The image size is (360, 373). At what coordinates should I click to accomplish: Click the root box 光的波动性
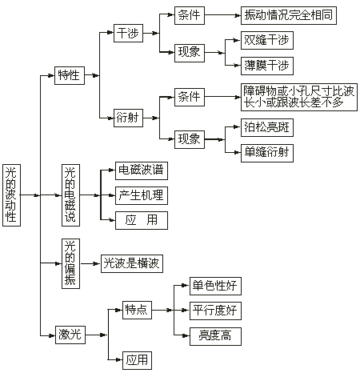point(11,195)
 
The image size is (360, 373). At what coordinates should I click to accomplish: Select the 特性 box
point(70,75)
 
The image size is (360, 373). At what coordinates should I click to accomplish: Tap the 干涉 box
point(128,33)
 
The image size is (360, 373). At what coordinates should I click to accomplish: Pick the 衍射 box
point(128,118)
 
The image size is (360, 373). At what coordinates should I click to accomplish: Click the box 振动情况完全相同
point(289,15)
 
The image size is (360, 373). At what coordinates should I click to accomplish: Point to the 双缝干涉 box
point(267,40)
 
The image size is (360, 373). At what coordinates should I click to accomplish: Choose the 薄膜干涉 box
point(267,66)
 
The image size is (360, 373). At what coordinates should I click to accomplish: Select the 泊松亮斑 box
point(267,127)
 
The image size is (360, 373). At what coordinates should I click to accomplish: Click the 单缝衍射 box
point(267,153)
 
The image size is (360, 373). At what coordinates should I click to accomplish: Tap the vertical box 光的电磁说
point(70,195)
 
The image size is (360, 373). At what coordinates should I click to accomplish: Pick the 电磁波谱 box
point(142,170)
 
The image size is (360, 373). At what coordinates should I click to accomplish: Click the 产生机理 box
point(142,195)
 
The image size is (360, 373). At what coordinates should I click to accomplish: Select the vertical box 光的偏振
point(70,263)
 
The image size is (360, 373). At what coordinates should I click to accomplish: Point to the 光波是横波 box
point(132,263)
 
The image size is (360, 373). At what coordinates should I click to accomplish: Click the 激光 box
point(70,335)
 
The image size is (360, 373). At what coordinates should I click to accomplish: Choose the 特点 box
point(137,310)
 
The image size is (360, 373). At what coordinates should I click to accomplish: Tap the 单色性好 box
point(215,286)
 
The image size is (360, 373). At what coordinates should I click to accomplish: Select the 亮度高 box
point(215,336)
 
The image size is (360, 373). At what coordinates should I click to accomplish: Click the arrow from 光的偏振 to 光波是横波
point(90,263)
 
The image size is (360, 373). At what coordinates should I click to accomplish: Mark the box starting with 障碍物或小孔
point(299,97)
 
